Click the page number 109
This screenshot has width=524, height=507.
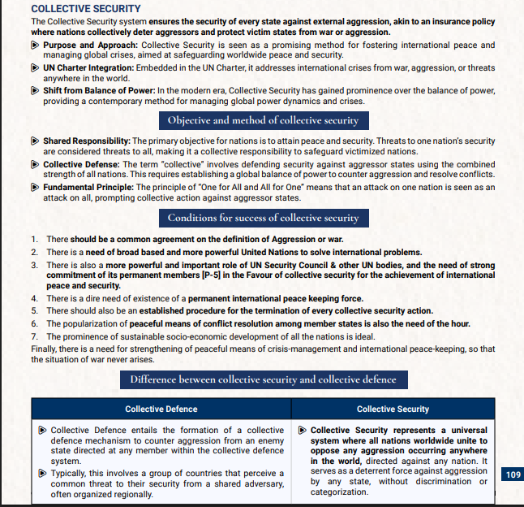click(513, 474)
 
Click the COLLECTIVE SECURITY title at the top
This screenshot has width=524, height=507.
click(79, 8)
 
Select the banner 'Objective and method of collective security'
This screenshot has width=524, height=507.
click(263, 120)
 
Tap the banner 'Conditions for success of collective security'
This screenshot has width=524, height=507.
click(263, 218)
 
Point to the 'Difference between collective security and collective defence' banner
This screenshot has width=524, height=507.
click(263, 379)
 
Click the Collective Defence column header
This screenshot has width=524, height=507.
click(161, 409)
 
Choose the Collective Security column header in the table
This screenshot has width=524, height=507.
click(393, 409)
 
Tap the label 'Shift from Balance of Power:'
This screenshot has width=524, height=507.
click(99, 90)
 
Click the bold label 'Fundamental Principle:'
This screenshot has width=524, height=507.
click(87, 187)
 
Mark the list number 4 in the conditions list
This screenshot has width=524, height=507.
click(34, 298)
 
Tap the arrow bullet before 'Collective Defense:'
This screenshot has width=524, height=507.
click(36, 164)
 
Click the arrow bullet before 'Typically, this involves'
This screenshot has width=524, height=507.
click(43, 473)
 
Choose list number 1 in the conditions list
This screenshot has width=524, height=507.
click(34, 240)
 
